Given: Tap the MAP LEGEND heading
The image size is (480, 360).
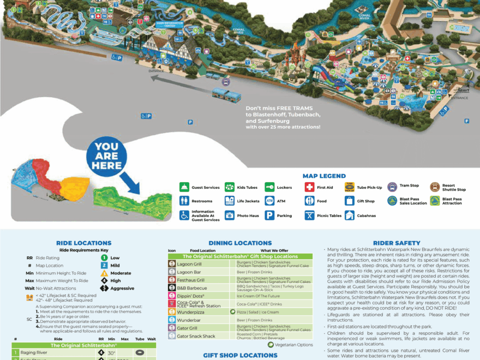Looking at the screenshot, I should pos(324,176).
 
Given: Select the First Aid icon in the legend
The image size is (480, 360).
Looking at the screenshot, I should pos(309,188).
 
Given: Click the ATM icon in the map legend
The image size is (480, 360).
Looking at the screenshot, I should pos(269,201).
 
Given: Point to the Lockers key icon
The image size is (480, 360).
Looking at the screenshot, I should pos(269,188).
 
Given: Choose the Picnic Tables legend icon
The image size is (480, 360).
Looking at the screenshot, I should pos(309,215).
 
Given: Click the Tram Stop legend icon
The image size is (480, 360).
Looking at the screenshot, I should pos(392,187).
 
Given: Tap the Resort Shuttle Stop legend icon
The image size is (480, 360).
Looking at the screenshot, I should pos(435,187).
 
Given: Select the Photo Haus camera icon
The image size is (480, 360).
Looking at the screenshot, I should pos(230,215).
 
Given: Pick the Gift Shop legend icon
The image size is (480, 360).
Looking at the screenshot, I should pos(349,201).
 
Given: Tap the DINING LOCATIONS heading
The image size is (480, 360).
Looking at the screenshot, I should pos(240,243).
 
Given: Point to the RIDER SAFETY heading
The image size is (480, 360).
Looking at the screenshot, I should pos(397,243).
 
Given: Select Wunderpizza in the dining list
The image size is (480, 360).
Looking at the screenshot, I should pos(189,311).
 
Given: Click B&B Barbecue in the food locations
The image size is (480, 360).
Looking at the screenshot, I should pos(189,287).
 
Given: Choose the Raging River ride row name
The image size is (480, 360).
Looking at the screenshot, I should pos(34,353).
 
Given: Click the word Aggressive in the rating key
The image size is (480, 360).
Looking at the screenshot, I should pos(122,288).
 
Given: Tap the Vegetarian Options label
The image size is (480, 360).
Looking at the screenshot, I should pos(294,345).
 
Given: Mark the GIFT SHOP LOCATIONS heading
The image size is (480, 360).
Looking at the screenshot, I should pos(240,356).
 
